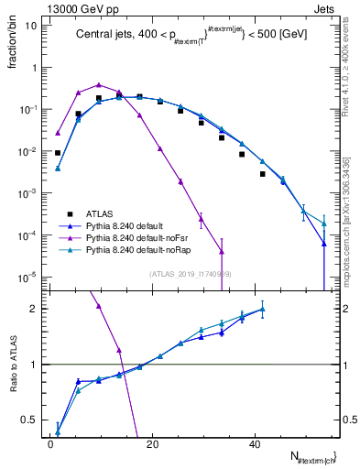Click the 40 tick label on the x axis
click(x=255, y=442)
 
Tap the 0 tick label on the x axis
click(x=50, y=442)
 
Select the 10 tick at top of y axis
click(x=31, y=26)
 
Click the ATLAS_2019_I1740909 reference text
click(x=191, y=273)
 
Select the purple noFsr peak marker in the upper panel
click(x=99, y=84)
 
